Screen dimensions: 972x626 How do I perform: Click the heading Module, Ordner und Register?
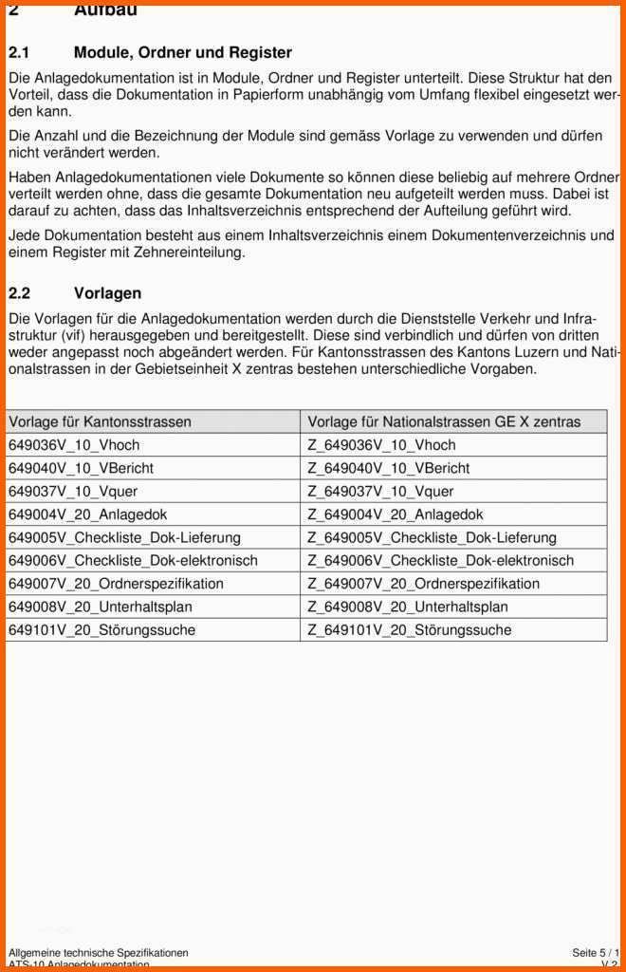183,53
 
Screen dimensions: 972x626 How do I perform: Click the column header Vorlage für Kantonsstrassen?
100,421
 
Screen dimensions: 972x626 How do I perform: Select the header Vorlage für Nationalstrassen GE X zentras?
444,421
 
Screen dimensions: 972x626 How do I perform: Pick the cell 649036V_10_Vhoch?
74,445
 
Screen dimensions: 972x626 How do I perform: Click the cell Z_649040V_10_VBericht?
388,468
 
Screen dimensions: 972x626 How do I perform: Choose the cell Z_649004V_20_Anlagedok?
395,514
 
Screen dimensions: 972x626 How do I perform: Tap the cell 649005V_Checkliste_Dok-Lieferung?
124,537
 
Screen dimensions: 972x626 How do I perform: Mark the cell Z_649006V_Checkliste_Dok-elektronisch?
440,561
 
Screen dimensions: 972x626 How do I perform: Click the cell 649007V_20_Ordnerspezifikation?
116,584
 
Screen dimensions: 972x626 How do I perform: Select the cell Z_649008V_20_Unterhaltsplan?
407,607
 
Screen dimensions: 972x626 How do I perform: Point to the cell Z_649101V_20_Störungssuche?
409,630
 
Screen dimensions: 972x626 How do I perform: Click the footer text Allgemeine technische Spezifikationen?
98,953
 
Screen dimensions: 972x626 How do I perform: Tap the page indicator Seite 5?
590,953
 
